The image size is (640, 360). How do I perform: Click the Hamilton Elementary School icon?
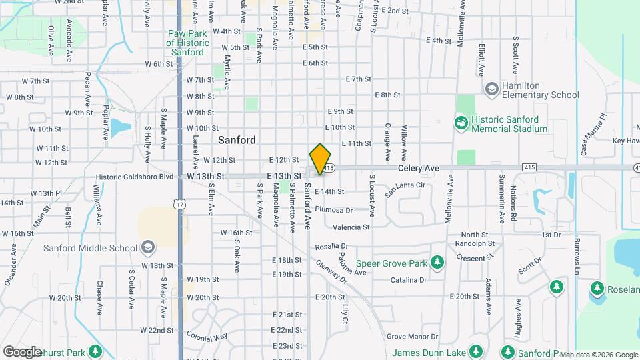pyautogui.click(x=491, y=89)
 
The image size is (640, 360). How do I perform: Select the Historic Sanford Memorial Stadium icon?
pyautogui.click(x=461, y=123)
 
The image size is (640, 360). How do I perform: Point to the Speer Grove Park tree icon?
pyautogui.click(x=437, y=263)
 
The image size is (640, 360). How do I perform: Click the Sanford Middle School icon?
pyautogui.click(x=147, y=249)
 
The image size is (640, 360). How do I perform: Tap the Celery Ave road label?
pyautogui.click(x=419, y=169)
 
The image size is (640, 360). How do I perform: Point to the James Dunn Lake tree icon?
pyautogui.click(x=475, y=351)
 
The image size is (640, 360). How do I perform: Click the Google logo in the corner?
pyautogui.click(x=23, y=352)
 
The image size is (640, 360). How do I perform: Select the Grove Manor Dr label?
pyautogui.click(x=412, y=337)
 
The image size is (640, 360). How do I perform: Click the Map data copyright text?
pyautogui.click(x=598, y=355)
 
